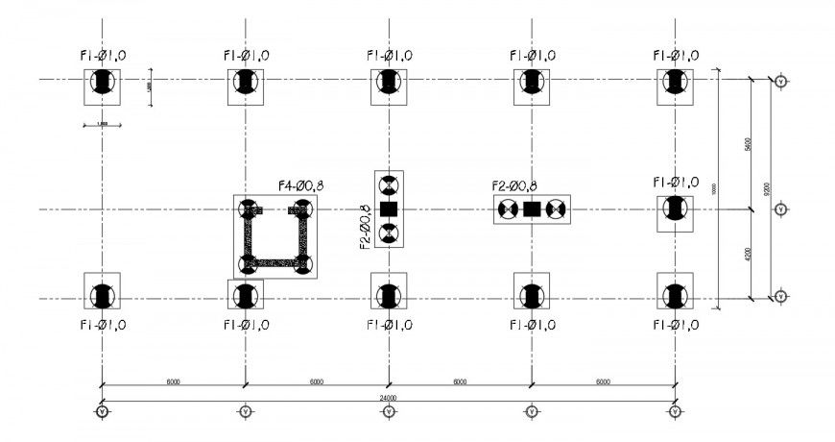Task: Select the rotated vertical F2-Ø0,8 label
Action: (x=365, y=227)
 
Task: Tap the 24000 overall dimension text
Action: (x=388, y=397)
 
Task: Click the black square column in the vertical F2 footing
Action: (x=388, y=209)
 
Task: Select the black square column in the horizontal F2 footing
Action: (x=532, y=209)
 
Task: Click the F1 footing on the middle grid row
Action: (x=675, y=209)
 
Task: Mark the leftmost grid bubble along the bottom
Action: (x=103, y=412)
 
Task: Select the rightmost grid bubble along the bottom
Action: (x=675, y=412)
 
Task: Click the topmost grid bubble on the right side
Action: (x=782, y=81)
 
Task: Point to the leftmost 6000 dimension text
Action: (x=173, y=381)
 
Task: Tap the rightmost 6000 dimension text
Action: (x=603, y=381)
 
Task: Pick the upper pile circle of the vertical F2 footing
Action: (x=388, y=185)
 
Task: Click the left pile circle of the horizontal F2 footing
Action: (x=508, y=209)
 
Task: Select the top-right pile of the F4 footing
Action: (x=303, y=209)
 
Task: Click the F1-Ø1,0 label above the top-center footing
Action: (x=388, y=56)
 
